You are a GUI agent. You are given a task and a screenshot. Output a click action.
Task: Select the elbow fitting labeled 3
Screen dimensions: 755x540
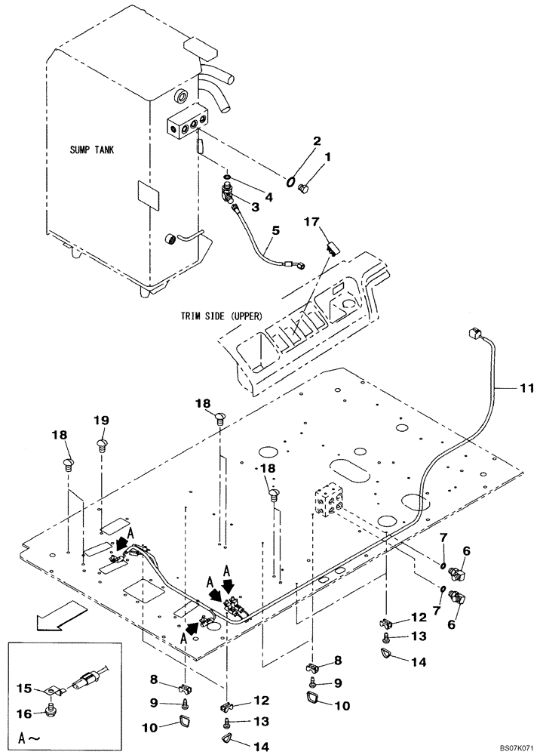(229, 195)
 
